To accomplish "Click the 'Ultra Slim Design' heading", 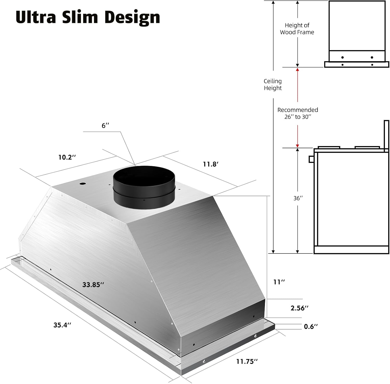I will pyautogui.click(x=88, y=17).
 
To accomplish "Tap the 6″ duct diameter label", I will pyautogui.click(x=105, y=126).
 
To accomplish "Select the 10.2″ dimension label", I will pyautogui.click(x=67, y=157).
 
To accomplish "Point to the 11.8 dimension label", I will pyautogui.click(x=211, y=164).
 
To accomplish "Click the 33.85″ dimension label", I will pyautogui.click(x=93, y=285).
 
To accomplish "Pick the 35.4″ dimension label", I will pyautogui.click(x=62, y=325).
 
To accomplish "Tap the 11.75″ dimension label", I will pyautogui.click(x=247, y=362).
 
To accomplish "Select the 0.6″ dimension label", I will pyautogui.click(x=311, y=327).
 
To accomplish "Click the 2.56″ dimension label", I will pyautogui.click(x=299, y=308).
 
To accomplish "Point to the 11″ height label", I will pyautogui.click(x=279, y=282).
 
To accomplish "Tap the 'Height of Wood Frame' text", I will pyautogui.click(x=297, y=29).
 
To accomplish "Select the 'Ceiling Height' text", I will pyautogui.click(x=273, y=85).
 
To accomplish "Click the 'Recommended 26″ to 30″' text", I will pyautogui.click(x=298, y=113).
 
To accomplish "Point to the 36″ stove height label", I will pyautogui.click(x=298, y=198).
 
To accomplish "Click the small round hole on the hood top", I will pyautogui.click(x=83, y=184).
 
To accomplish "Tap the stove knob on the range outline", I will pyautogui.click(x=311, y=159).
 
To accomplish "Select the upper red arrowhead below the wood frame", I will pyautogui.click(x=297, y=70).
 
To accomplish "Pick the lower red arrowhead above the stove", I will pyautogui.click(x=297, y=146).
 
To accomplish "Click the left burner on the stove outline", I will pyautogui.click(x=329, y=147).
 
